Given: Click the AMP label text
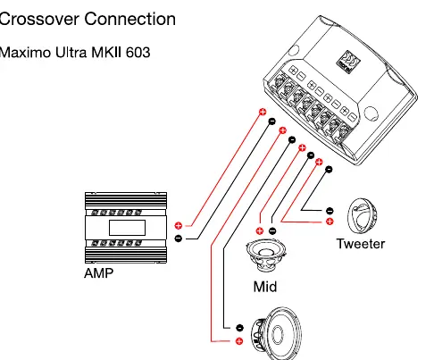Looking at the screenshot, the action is click(99, 273).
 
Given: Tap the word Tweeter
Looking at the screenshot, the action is click(361, 244).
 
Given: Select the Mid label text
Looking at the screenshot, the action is click(265, 287).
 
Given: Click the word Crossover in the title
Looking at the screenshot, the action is click(39, 19).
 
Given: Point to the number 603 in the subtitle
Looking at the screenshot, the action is click(138, 53).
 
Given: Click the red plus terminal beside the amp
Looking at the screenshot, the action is click(179, 225).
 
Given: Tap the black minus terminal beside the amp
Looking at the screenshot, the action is click(179, 239).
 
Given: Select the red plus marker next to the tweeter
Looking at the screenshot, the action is click(330, 222).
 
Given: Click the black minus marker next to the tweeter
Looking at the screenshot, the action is click(330, 211).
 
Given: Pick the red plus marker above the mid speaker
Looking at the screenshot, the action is click(260, 230).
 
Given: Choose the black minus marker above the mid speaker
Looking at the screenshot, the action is click(272, 230).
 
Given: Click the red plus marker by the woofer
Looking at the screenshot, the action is click(239, 341).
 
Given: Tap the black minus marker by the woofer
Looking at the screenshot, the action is click(239, 328).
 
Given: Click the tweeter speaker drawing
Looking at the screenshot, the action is click(363, 216).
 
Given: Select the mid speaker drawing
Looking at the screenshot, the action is click(266, 255).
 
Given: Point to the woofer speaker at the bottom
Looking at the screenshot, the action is click(276, 333).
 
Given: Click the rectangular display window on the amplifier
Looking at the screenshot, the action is click(127, 228).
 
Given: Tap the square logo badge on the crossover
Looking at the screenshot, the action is click(348, 62).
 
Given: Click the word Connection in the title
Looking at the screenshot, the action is click(130, 19).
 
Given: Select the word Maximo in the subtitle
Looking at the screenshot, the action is click(25, 53).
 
